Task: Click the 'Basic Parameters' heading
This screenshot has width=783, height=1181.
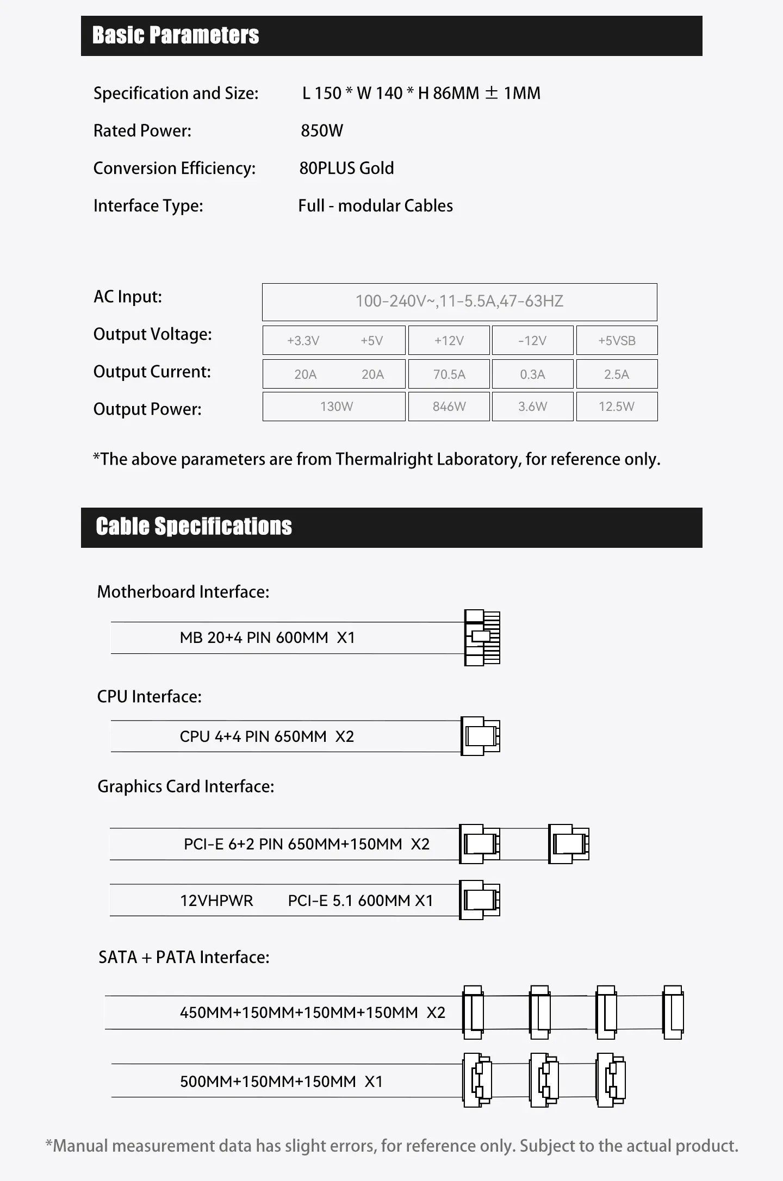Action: pos(175,35)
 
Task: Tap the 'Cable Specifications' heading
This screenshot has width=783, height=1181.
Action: pos(194,527)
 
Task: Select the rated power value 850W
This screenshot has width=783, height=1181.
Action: pos(322,131)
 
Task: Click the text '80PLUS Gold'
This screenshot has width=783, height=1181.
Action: pos(346,168)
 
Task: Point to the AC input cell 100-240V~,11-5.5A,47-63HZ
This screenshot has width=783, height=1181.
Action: pos(459,302)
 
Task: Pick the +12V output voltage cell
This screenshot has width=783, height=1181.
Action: pos(449,341)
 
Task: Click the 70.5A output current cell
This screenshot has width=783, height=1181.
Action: pos(449,374)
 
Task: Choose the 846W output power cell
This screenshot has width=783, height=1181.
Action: pos(449,407)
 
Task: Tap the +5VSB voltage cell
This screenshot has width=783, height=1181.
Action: pos(617,341)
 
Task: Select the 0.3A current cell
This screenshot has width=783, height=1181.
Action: pos(532,374)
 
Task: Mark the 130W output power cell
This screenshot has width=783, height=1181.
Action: pos(336,407)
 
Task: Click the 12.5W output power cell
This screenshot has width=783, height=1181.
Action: pos(617,407)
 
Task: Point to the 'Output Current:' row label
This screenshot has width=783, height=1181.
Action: pos(152,372)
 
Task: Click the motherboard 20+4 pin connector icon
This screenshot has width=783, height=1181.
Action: pos(482,638)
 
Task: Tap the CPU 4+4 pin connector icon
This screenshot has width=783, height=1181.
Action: pos(480,736)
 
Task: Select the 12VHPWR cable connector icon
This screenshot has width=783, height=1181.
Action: pos(479,900)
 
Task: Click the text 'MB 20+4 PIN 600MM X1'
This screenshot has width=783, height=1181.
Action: pos(267,638)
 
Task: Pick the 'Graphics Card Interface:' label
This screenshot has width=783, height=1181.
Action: pos(185,786)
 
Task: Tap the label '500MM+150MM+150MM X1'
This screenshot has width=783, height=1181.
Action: pos(281,1082)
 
